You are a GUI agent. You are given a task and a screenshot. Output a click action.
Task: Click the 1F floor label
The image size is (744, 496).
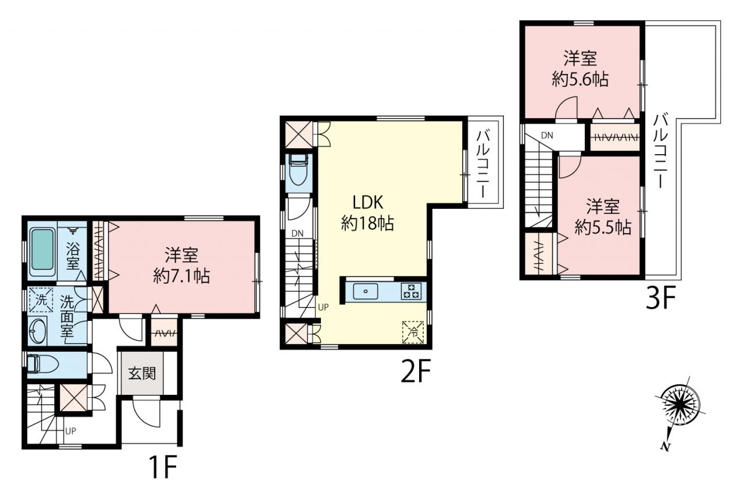(162, 467)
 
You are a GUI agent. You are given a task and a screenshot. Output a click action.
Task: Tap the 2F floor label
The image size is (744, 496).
(416, 371)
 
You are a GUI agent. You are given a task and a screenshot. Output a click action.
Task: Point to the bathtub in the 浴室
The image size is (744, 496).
(42, 252)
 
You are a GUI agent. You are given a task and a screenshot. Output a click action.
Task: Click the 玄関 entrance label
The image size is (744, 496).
(142, 374)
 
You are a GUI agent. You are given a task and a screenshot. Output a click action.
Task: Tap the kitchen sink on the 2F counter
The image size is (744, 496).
(366, 291)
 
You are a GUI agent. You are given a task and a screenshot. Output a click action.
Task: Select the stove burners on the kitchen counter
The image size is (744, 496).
(411, 291)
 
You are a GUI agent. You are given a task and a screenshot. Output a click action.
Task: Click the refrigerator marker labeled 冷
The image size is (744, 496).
(413, 332)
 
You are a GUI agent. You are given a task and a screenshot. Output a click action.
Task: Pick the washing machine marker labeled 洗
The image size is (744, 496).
(41, 300)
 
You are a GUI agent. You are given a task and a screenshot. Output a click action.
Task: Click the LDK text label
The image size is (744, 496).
(368, 202)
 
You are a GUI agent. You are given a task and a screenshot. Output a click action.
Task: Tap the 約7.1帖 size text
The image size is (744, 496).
(181, 276)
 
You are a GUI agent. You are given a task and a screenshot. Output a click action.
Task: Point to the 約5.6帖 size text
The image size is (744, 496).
(580, 80)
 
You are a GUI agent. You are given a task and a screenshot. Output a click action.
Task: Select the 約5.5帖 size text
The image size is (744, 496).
(603, 228)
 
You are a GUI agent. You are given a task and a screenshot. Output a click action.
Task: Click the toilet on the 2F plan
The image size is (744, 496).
(299, 172)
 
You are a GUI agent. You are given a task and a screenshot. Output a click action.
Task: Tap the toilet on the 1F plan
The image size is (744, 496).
(43, 365)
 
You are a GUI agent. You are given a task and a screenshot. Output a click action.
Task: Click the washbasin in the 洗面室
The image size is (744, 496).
(37, 330)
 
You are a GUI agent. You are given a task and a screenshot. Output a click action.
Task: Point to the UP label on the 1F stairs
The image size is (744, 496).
(71, 431)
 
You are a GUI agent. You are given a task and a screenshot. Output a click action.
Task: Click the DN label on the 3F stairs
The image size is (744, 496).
(547, 135)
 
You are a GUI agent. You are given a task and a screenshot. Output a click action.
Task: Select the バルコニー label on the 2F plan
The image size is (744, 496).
(484, 165)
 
